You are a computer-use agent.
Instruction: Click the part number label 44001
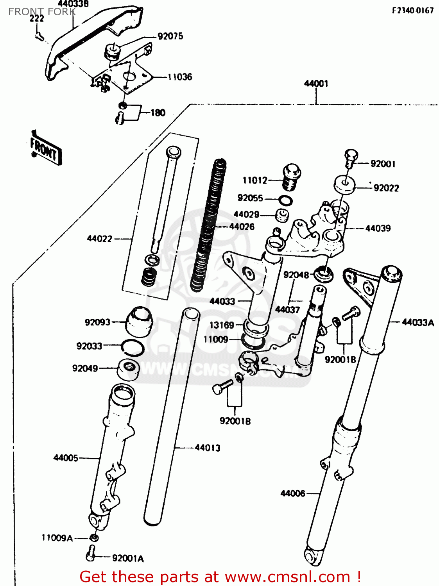click(x=316, y=84)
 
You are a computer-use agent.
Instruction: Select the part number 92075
click(x=170, y=36)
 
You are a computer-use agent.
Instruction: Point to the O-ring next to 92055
click(x=285, y=201)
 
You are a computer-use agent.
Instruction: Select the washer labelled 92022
click(x=344, y=184)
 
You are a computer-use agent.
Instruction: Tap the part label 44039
click(x=378, y=229)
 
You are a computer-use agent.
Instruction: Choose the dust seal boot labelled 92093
click(x=139, y=321)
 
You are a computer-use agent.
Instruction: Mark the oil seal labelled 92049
click(x=129, y=369)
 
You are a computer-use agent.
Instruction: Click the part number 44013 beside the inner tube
click(x=207, y=448)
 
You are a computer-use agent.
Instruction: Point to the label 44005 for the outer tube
click(x=66, y=458)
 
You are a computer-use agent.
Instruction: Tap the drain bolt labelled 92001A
click(x=91, y=553)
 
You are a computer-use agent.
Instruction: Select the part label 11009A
click(x=57, y=538)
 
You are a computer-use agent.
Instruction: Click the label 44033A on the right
click(x=417, y=322)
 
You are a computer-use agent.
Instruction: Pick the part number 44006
click(x=292, y=493)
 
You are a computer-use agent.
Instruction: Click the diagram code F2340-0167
click(x=412, y=11)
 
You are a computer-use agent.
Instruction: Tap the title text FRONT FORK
click(x=42, y=12)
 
